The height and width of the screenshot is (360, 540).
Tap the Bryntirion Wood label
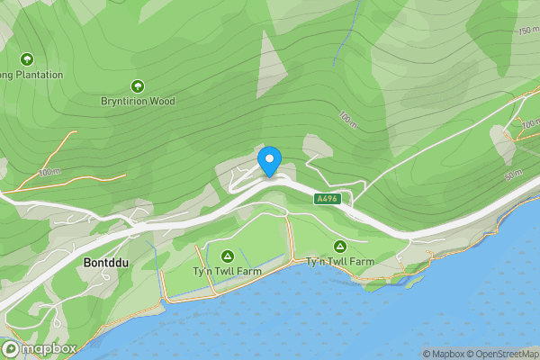point(138,102)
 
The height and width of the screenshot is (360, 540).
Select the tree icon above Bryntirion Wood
point(138,86)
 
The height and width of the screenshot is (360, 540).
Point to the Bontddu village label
point(106,263)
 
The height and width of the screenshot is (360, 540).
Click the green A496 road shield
point(328,198)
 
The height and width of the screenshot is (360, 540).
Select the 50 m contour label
point(513,173)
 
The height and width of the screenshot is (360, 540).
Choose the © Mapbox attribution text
point(445,354)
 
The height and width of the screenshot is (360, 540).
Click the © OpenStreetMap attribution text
point(507,354)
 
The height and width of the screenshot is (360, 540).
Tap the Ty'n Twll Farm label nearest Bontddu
point(225,272)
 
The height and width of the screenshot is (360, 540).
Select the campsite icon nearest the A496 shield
point(339,246)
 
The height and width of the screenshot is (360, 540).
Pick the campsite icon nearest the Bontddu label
point(227,256)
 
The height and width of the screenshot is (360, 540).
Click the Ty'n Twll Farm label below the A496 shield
point(339,262)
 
